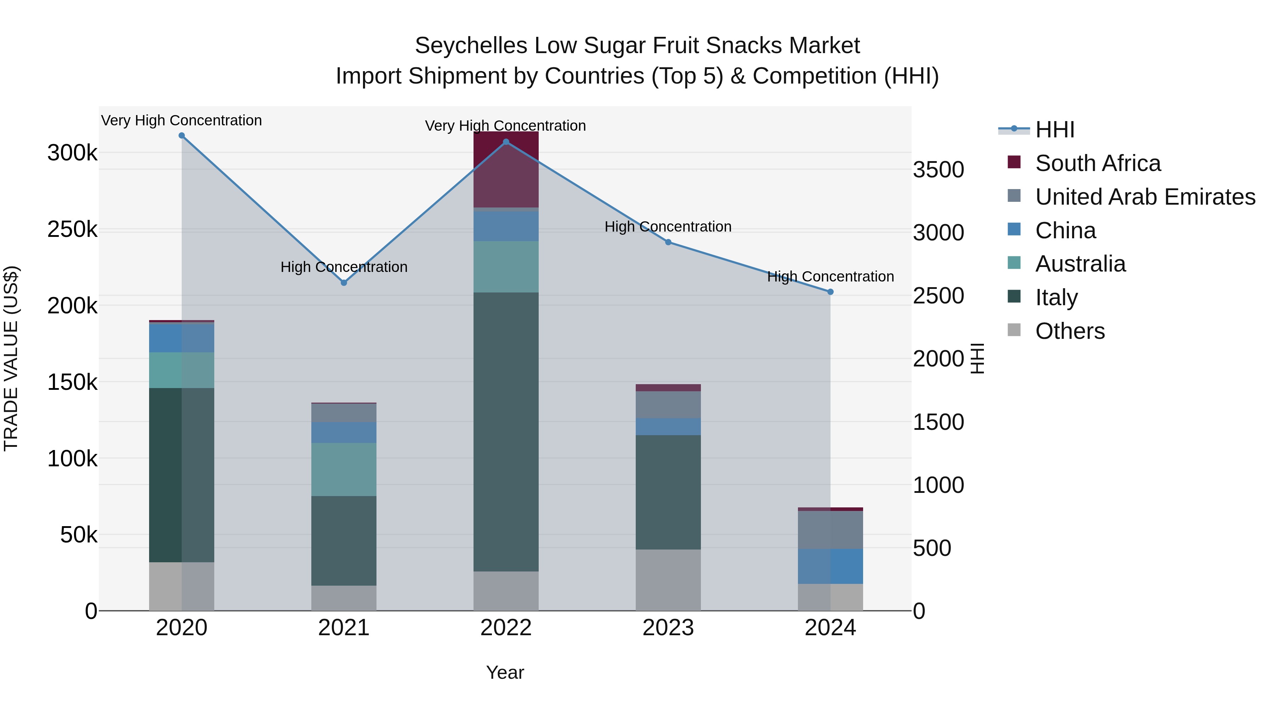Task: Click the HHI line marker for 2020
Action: click(x=182, y=136)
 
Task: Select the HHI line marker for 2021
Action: click(x=344, y=283)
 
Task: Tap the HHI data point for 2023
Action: click(x=668, y=242)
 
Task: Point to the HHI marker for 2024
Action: click(x=831, y=292)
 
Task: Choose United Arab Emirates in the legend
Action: click(x=1145, y=197)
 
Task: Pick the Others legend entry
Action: click(x=1070, y=331)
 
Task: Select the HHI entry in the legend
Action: click(x=1054, y=130)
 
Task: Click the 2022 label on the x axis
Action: click(x=506, y=628)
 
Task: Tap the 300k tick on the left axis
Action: click(x=72, y=153)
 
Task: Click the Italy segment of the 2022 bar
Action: click(x=506, y=431)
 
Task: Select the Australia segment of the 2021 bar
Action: click(x=344, y=469)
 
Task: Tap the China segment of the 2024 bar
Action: click(x=831, y=566)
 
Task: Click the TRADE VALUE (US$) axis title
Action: click(x=11, y=358)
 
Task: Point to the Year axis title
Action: click(x=505, y=672)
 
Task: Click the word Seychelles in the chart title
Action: click(x=471, y=46)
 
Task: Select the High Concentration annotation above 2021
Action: click(x=344, y=267)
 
